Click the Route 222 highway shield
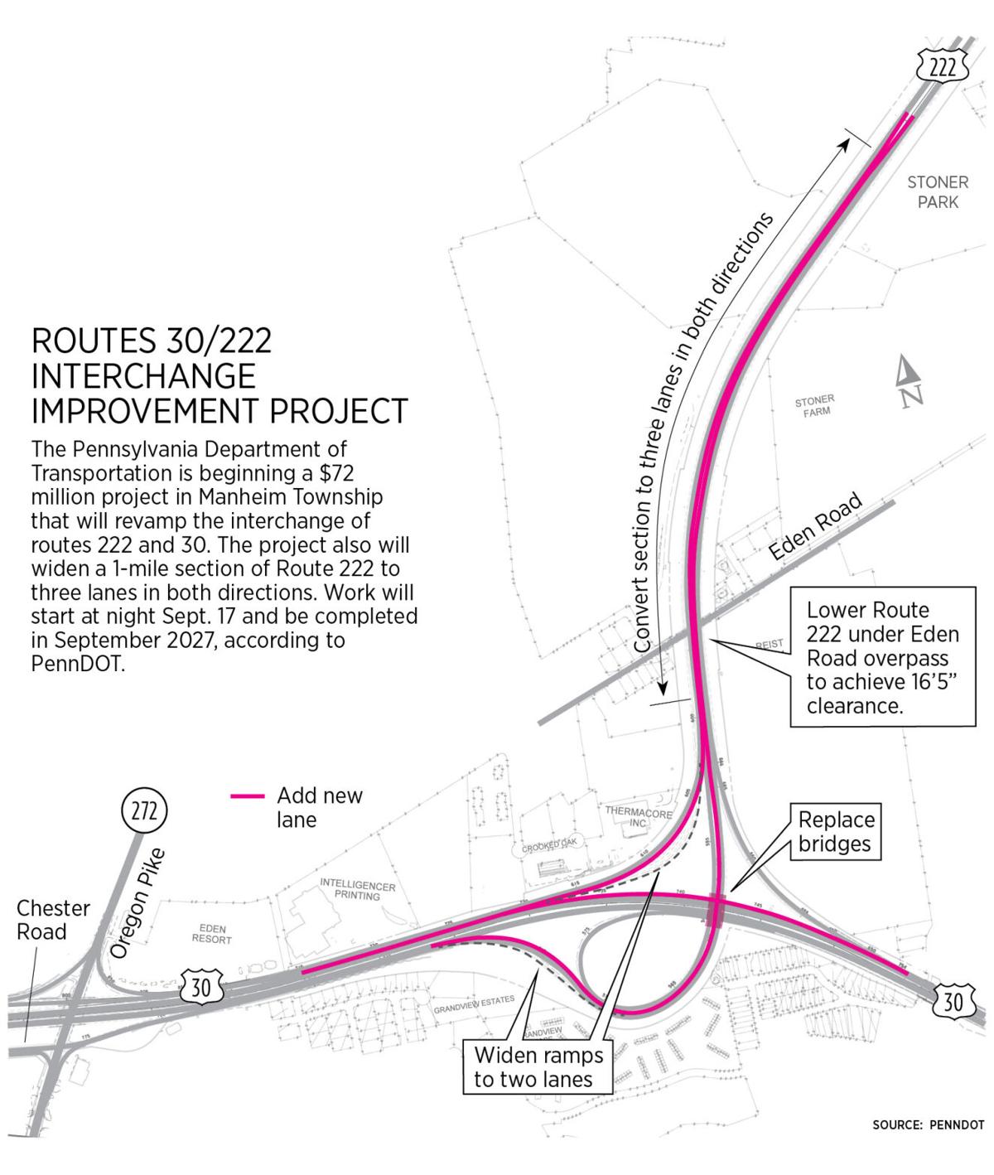pyautogui.click(x=942, y=68)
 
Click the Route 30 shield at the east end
pyautogui.click(x=953, y=1002)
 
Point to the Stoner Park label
pyautogui.click(x=937, y=191)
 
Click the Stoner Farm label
pyautogui.click(x=814, y=405)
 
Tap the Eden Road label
pyautogui.click(x=815, y=528)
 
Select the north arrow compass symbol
pyautogui.click(x=910, y=382)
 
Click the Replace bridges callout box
pyautogui.click(x=836, y=831)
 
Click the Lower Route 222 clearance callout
pyautogui.click(x=882, y=657)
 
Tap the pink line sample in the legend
pyautogui.click(x=247, y=796)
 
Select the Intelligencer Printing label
pyautogui.click(x=358, y=890)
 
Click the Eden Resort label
pyautogui.click(x=211, y=934)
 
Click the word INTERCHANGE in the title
pyautogui.click(x=143, y=375)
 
